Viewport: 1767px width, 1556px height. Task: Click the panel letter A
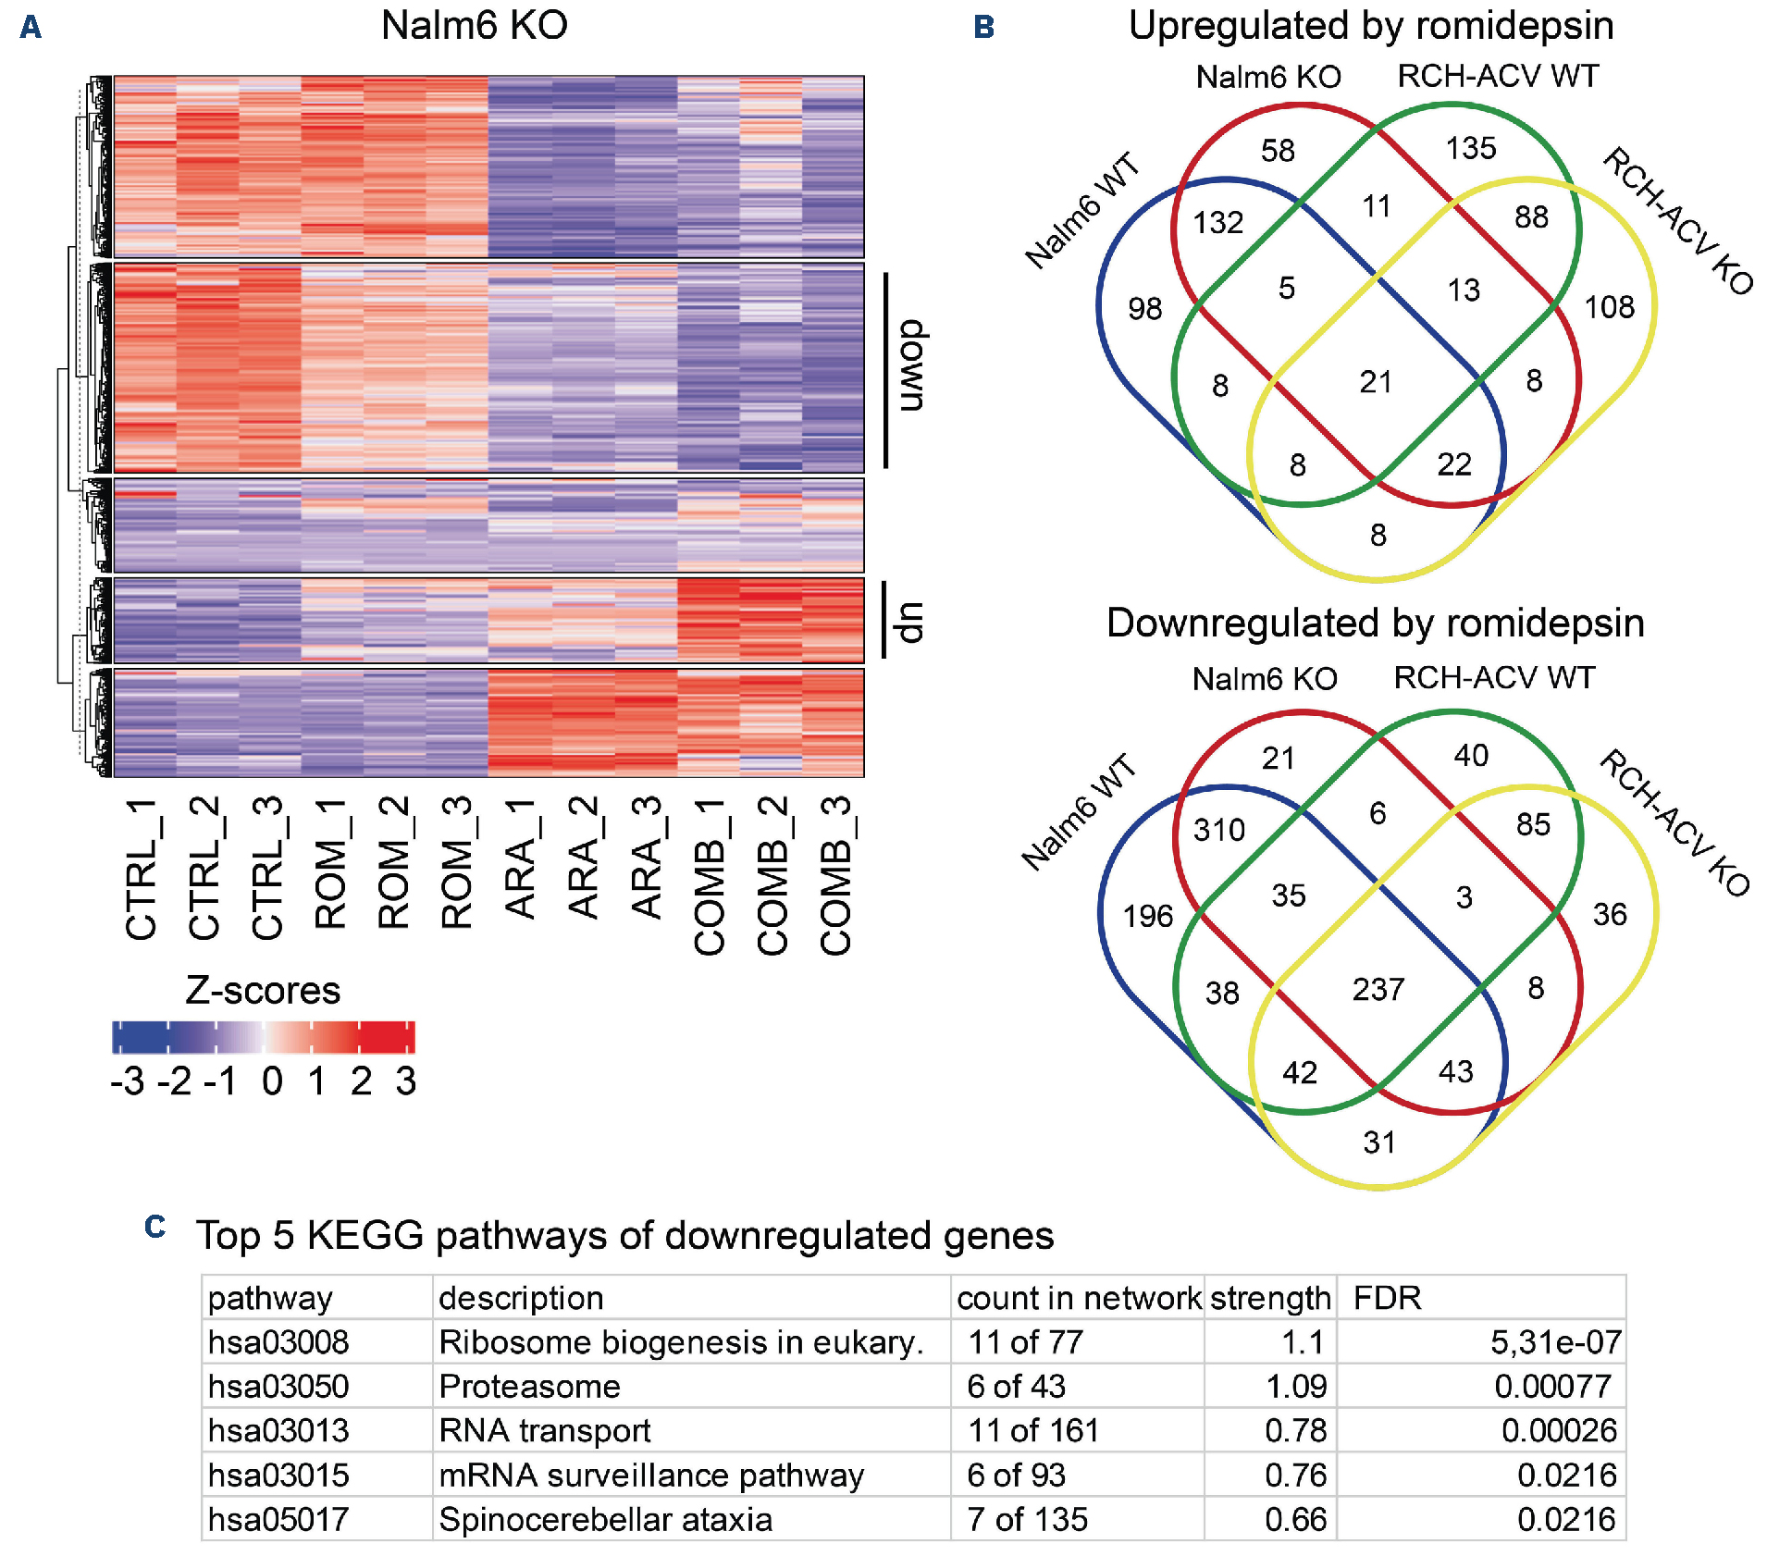point(31,27)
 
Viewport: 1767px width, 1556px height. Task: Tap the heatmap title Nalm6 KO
point(474,25)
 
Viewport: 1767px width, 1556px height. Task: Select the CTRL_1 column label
point(142,870)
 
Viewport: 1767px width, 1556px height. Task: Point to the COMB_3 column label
point(835,875)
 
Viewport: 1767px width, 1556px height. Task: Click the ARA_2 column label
point(584,858)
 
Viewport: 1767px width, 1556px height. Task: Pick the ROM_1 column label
point(331,864)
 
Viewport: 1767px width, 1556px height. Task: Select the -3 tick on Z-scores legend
point(127,1081)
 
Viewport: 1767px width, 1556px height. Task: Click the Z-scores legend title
point(263,990)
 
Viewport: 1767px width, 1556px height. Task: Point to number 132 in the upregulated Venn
point(1217,222)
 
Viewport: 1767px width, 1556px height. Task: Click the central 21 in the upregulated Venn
point(1376,381)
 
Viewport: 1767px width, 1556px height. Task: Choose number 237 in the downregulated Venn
point(1378,989)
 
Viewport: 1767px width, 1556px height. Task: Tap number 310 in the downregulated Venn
point(1218,830)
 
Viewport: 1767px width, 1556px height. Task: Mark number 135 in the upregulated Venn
point(1471,148)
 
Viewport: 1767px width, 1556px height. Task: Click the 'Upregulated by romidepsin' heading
point(1371,25)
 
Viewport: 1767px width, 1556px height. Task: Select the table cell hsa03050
point(278,1386)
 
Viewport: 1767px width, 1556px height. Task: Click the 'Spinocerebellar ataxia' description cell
point(605,1519)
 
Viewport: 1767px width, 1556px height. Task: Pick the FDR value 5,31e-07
point(1555,1341)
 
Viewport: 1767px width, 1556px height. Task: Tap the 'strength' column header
point(1269,1298)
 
